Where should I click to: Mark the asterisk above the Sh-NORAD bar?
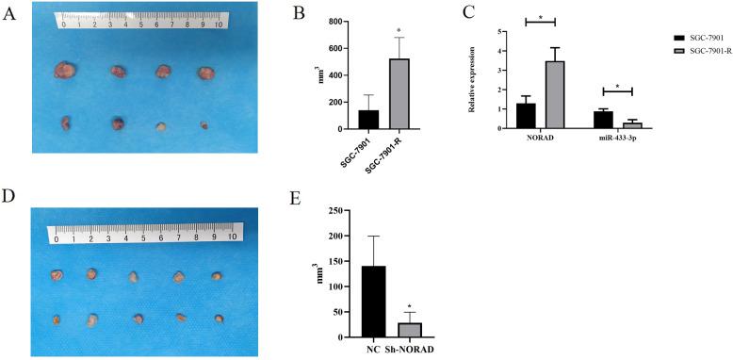pyautogui.click(x=410, y=305)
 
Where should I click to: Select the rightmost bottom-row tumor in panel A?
pyautogui.click(x=204, y=123)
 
